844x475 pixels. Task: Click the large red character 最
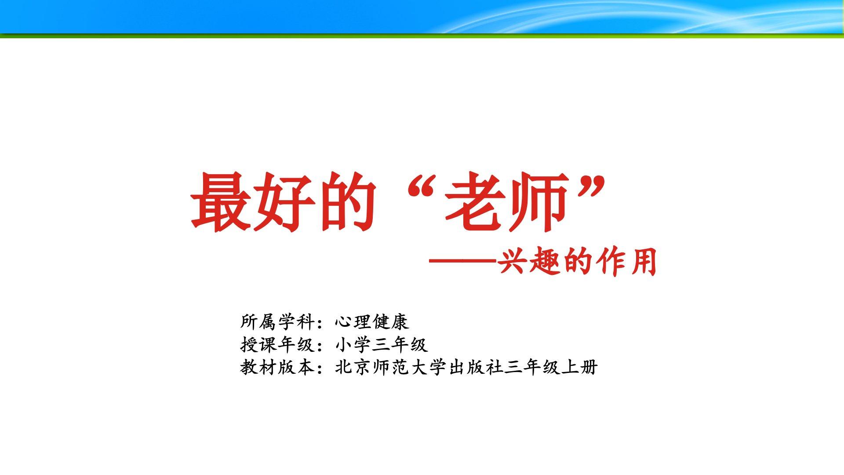(221, 202)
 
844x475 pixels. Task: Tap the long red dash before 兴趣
(463, 261)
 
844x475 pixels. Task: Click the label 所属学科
(277, 322)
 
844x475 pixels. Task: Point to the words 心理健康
(372, 322)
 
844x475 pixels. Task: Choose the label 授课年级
(277, 344)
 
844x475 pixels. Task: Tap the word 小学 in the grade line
(353, 344)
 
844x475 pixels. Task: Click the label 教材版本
(277, 367)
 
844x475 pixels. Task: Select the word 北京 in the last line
(353, 367)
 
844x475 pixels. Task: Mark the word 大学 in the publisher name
(429, 367)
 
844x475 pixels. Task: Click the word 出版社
(476, 367)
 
